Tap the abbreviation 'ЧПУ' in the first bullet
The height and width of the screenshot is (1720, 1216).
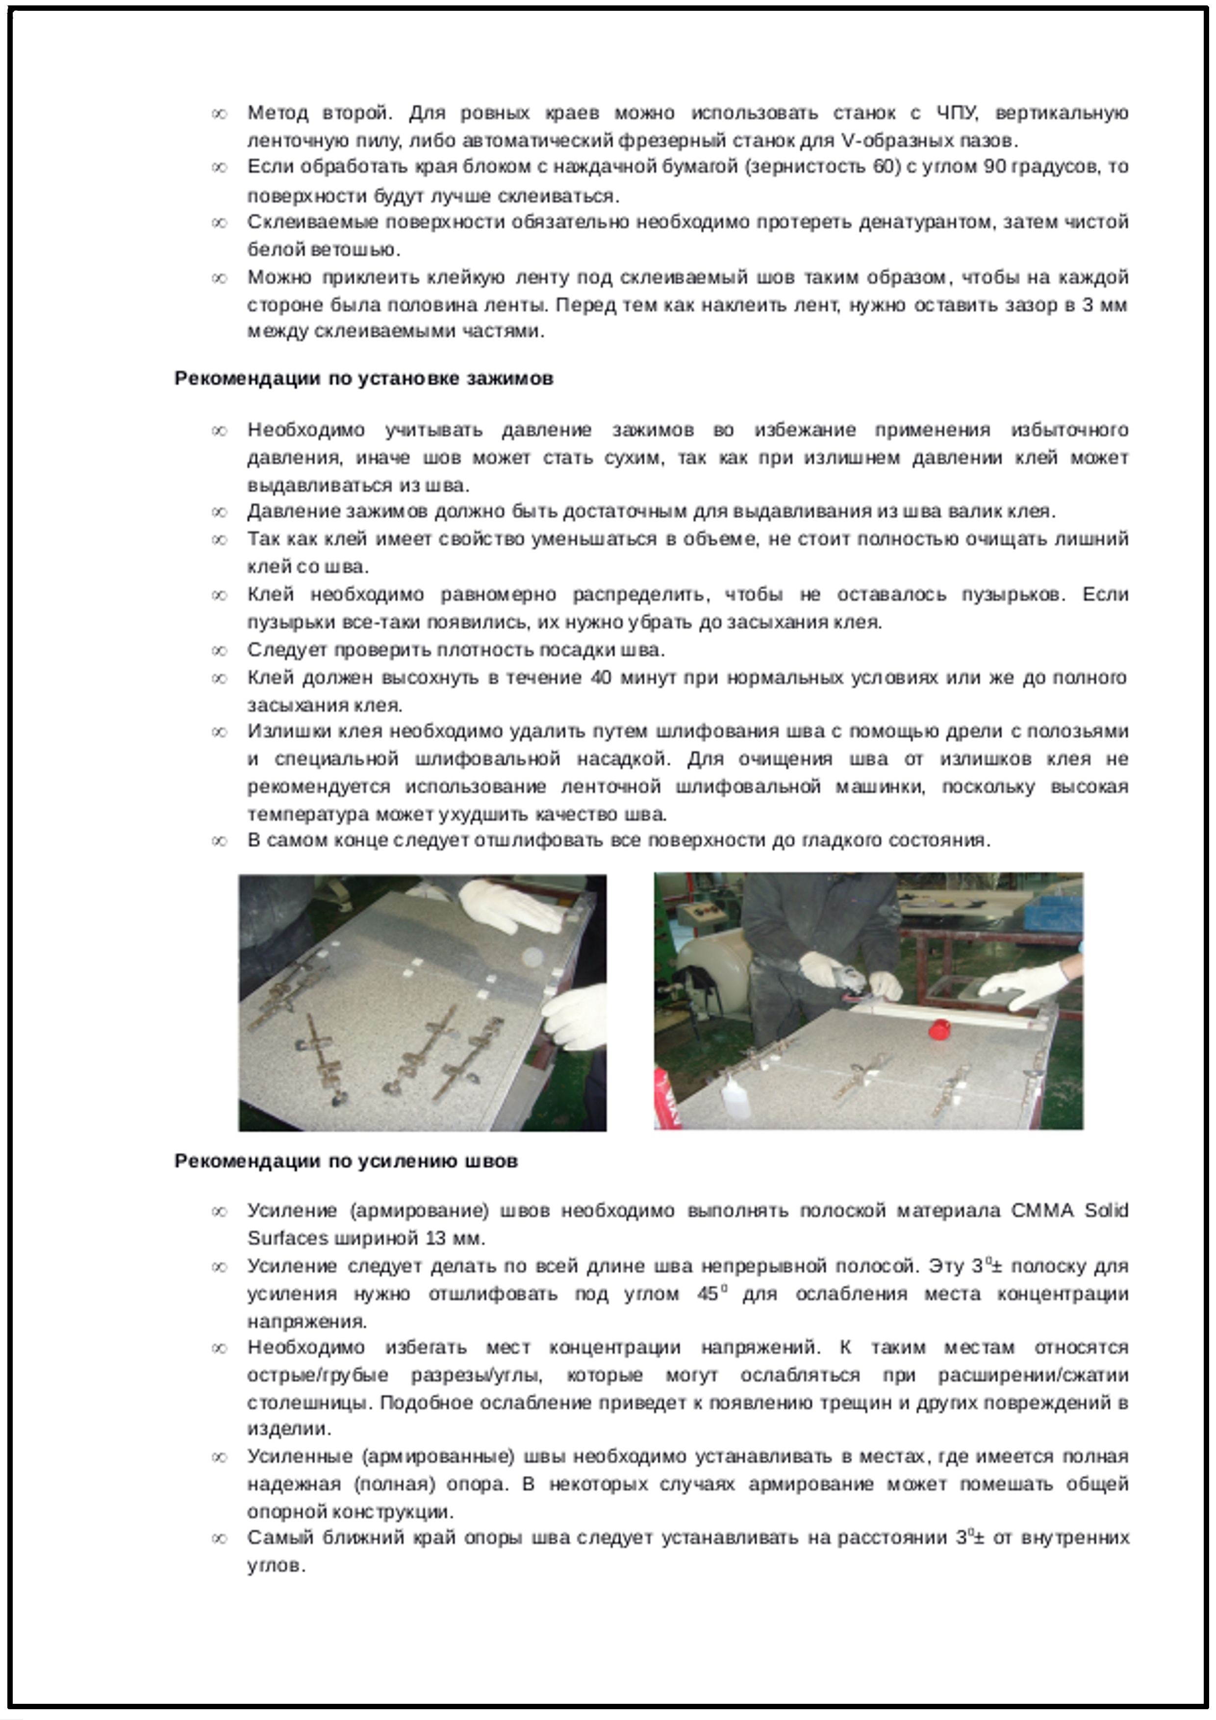pos(957,113)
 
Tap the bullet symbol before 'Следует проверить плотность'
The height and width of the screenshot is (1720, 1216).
pos(219,650)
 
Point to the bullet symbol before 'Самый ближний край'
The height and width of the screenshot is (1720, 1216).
pos(219,1539)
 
